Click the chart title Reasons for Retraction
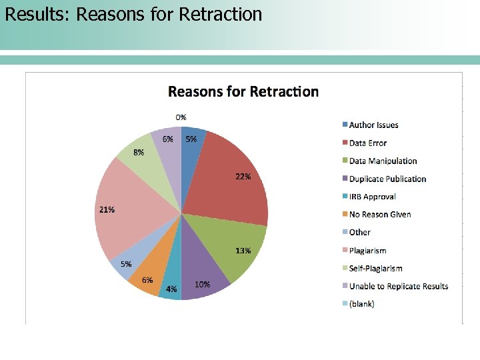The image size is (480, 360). [243, 91]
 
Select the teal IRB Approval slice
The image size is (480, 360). [171, 280]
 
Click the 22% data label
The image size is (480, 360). [243, 177]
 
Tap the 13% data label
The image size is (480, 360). [243, 251]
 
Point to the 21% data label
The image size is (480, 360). [107, 209]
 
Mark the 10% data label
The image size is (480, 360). [203, 284]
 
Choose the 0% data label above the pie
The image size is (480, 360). [181, 117]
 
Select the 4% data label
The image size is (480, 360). [171, 289]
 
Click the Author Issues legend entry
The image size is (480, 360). [373, 125]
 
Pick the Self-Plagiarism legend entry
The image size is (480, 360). [375, 268]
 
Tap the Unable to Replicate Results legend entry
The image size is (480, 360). [398, 286]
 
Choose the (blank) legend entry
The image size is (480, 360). [361, 304]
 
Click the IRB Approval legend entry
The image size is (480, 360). [372, 197]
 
